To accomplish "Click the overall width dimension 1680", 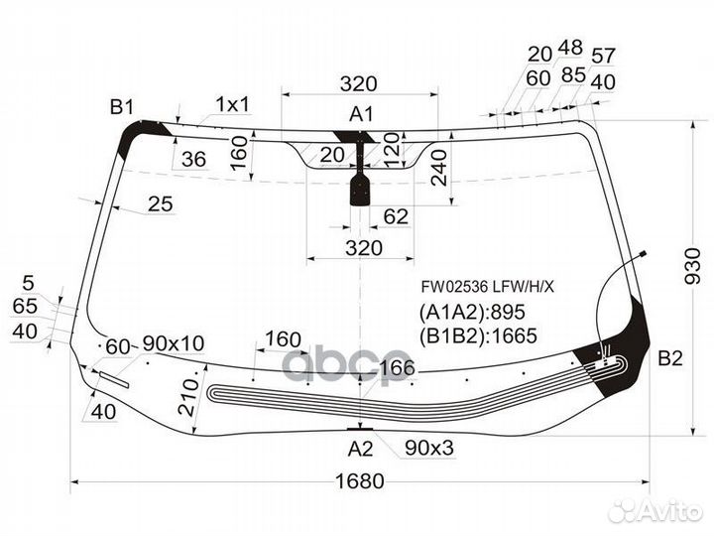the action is tap(360, 481).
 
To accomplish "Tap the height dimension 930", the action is tap(692, 266).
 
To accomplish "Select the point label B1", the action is tap(122, 107).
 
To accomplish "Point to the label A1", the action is tap(361, 114).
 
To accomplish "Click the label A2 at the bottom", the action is tap(360, 450).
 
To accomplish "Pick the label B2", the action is tap(670, 358).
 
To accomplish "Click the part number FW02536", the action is tap(455, 287).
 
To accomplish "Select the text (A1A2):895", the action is tap(472, 313).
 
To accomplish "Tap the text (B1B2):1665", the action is tap(478, 335).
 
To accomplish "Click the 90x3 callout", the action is tap(429, 448).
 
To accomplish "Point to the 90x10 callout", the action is tap(173, 343).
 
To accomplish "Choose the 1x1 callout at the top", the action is tap(233, 105).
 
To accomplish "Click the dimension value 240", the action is tap(440, 168).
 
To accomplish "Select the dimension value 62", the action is tap(396, 216).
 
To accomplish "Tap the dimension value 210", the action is tap(188, 397).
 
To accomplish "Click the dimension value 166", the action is tap(397, 367).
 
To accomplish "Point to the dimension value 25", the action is tap(161, 203).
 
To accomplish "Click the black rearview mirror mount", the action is tap(360, 191).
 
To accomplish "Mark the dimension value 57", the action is tap(603, 56).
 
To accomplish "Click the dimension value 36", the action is tap(193, 159).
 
